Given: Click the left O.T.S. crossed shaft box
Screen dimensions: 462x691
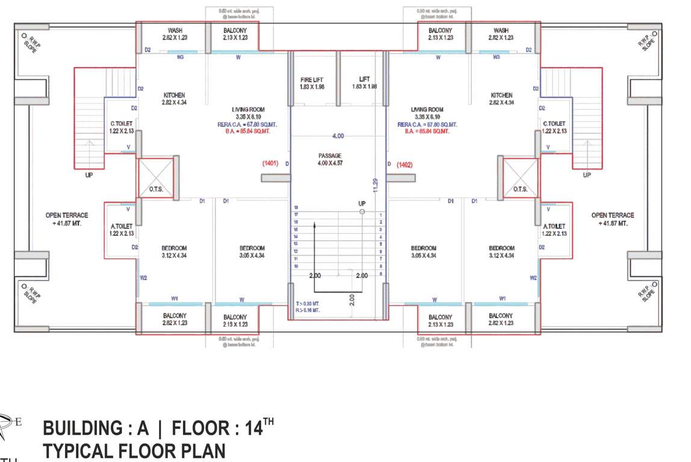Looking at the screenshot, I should pyautogui.click(x=156, y=178).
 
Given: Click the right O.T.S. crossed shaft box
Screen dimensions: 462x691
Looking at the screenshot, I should pyautogui.click(x=521, y=178).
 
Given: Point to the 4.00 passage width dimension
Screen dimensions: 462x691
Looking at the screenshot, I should pyautogui.click(x=338, y=136).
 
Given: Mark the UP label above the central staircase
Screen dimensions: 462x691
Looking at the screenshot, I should pyautogui.click(x=362, y=204).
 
